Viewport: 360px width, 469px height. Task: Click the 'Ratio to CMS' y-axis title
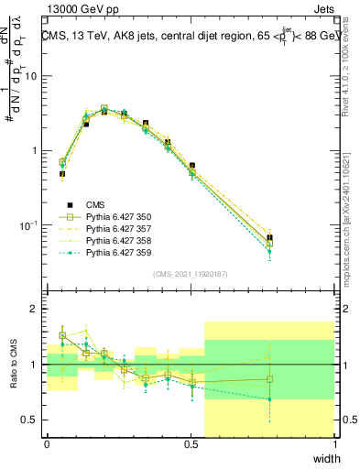(13, 365)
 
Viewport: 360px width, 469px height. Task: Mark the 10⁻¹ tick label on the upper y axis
(29, 225)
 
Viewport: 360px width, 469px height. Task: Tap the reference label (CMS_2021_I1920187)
(191, 273)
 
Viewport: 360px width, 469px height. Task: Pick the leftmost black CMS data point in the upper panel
(62, 173)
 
